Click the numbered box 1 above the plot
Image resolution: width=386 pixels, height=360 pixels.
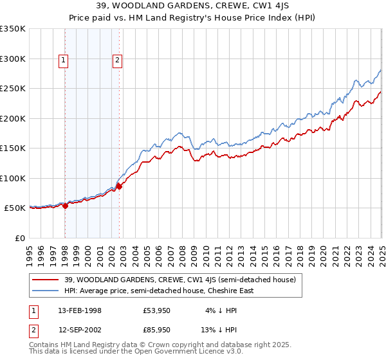point(64,61)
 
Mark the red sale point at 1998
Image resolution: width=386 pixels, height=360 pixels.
point(66,206)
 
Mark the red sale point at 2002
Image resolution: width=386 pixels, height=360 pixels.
point(120,187)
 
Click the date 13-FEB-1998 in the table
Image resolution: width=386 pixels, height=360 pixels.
point(80,310)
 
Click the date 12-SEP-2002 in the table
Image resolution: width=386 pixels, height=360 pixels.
point(80,330)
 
